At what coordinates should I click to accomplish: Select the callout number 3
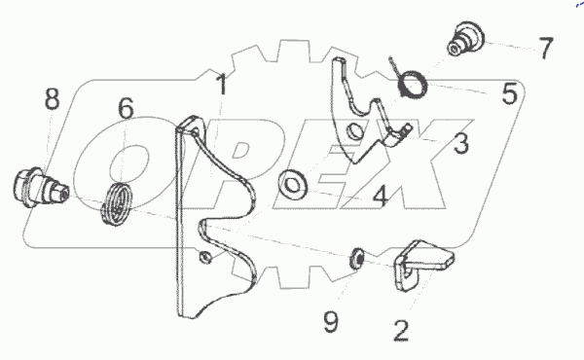click(x=460, y=145)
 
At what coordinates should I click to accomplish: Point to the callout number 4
click(x=380, y=197)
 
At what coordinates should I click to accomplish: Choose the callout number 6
click(x=127, y=109)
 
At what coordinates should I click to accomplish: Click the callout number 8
click(x=52, y=97)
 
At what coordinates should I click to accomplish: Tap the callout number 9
click(x=331, y=321)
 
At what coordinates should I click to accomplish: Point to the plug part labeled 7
click(x=463, y=39)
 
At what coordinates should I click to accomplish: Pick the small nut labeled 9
click(x=358, y=259)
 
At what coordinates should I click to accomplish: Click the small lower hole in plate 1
click(x=205, y=258)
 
